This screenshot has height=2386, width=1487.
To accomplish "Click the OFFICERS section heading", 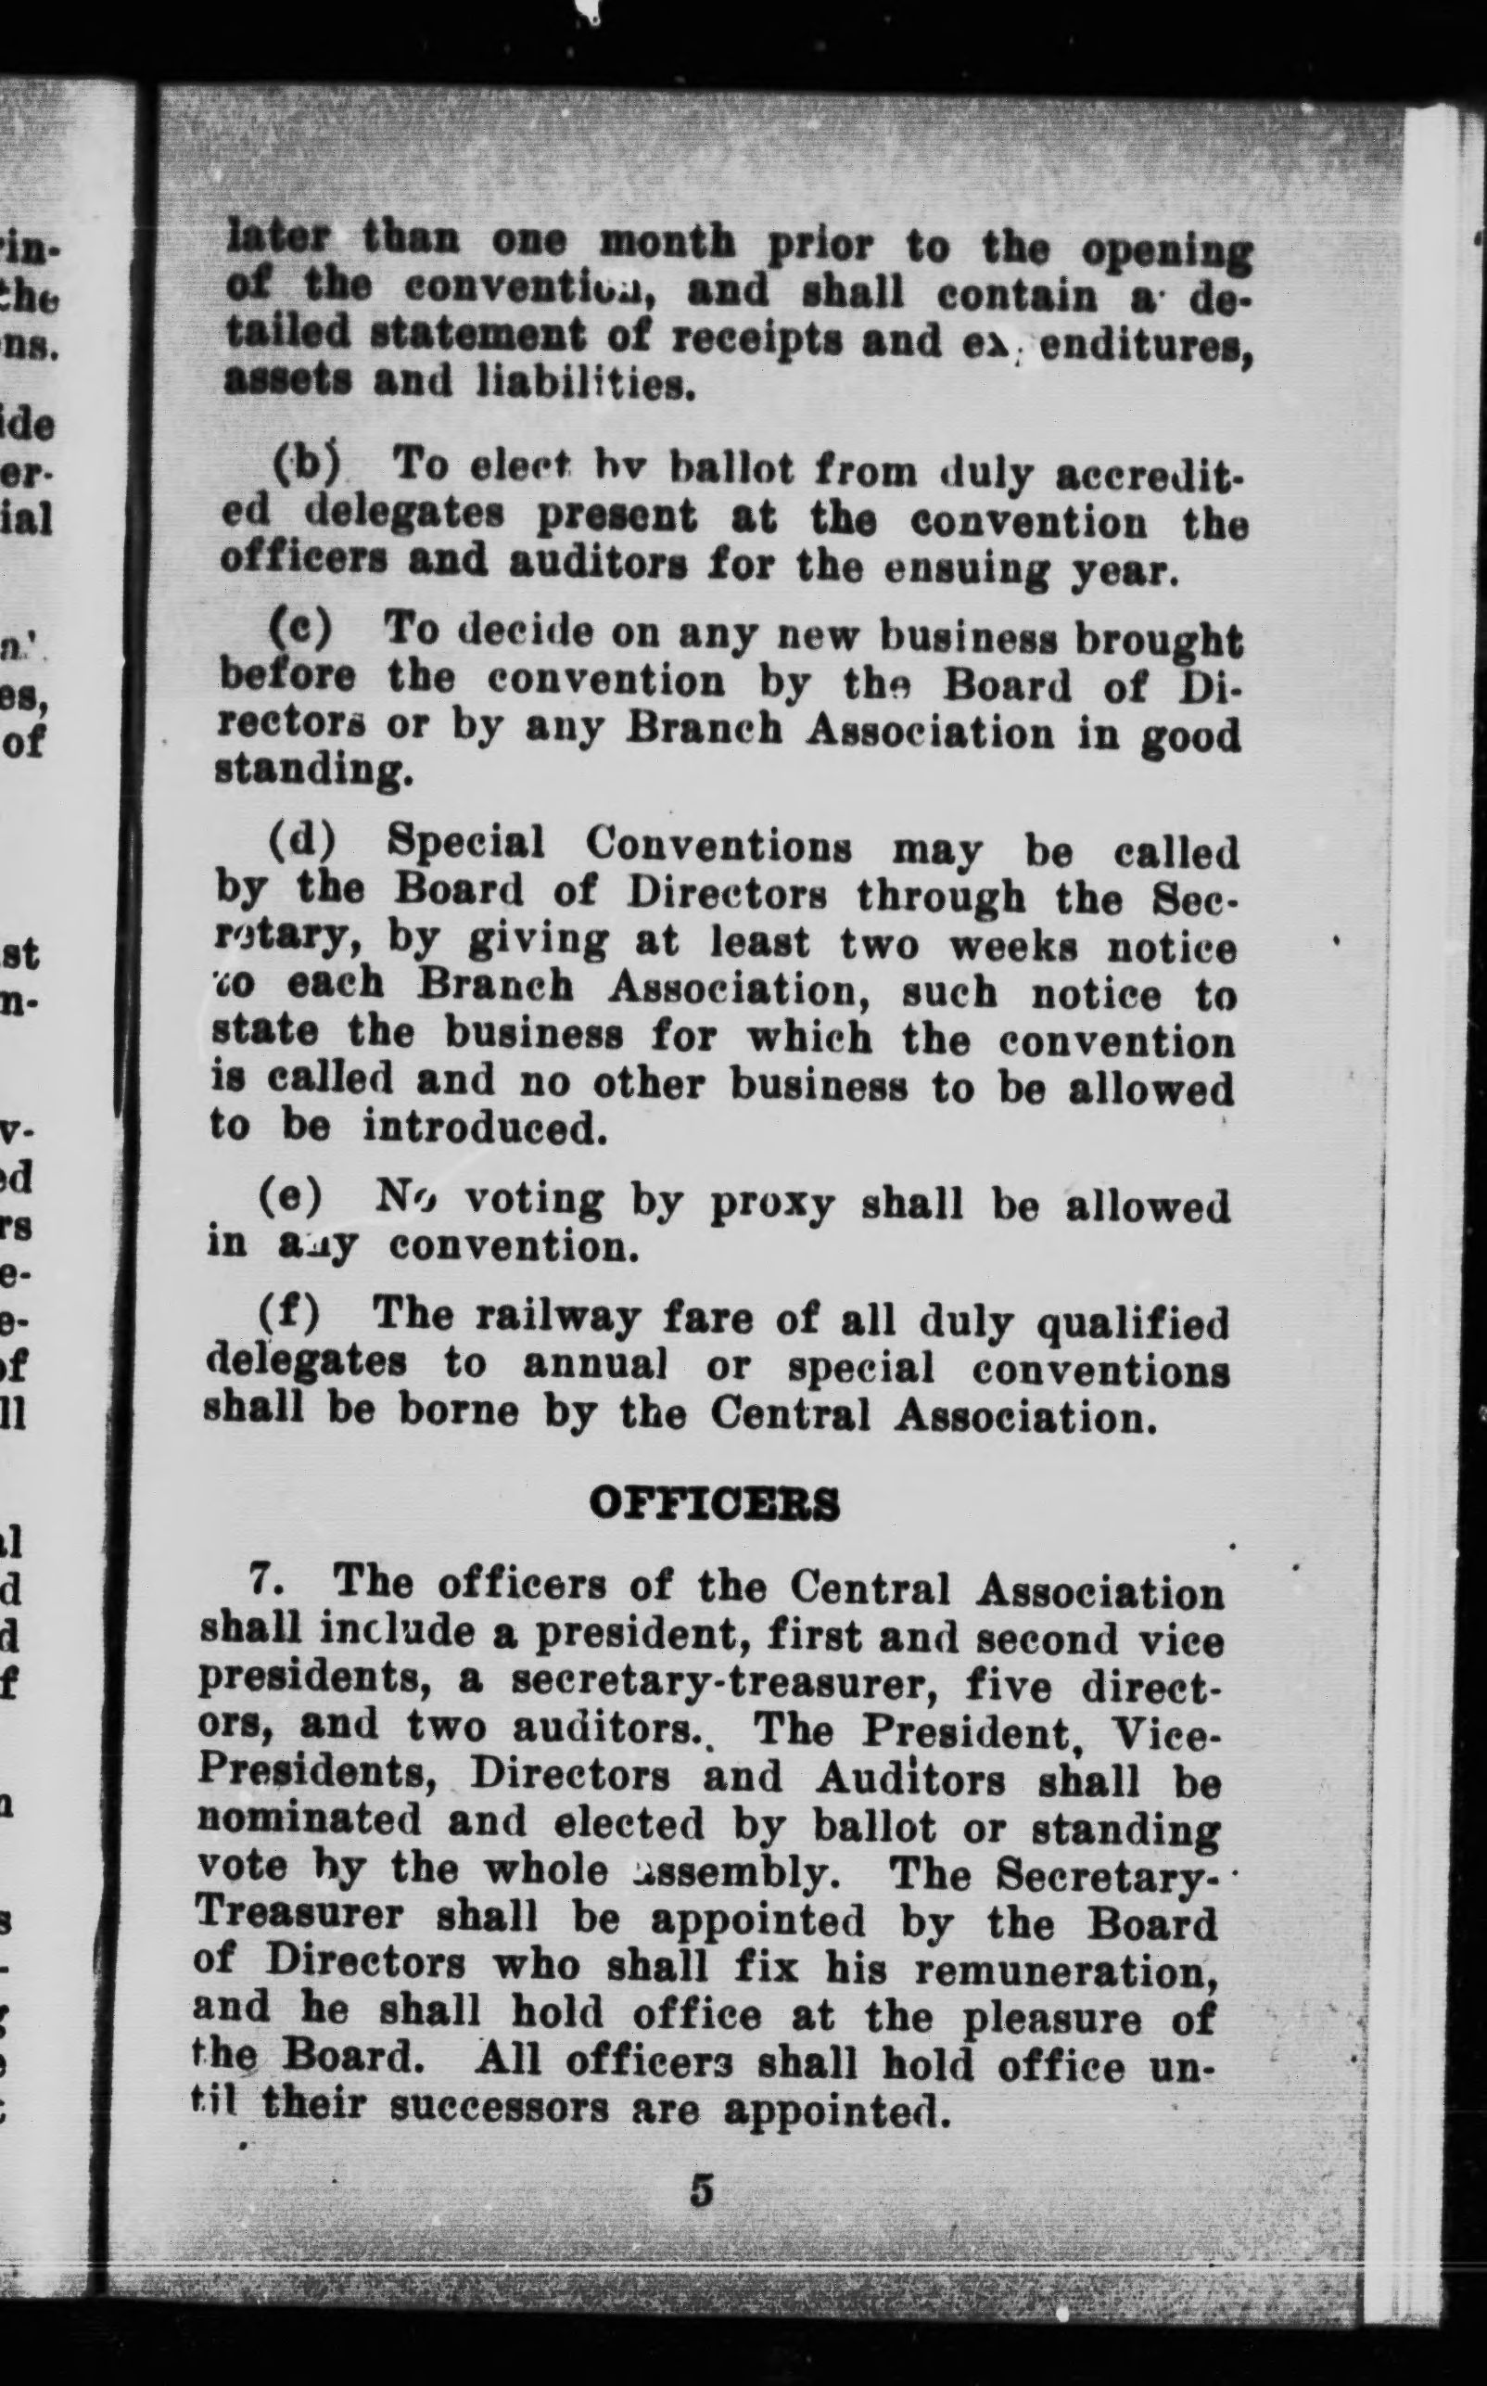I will [714, 1505].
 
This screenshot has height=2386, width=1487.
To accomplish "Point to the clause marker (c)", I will [301, 628].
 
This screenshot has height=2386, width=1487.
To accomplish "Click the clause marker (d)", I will [302, 842].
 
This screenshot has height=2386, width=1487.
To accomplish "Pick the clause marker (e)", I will [291, 1195].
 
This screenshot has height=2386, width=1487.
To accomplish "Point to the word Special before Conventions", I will [465, 842].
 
